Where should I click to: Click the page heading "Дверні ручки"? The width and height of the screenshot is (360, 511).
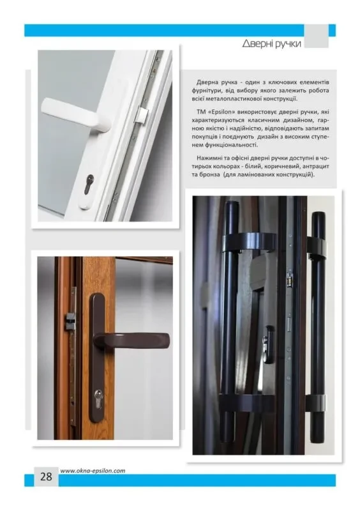pos(271,43)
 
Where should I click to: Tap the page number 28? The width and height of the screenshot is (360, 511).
pos(46,477)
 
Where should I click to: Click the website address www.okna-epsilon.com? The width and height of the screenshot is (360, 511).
pos(93,471)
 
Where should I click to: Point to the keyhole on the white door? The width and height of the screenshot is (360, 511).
pos(88,184)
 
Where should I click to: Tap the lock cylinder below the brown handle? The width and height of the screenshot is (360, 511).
pos(98,399)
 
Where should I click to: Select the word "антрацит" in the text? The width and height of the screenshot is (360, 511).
pos(316,167)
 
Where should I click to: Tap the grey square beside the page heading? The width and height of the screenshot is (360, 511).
pos(316,36)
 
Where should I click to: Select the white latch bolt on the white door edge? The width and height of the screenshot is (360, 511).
pos(142,115)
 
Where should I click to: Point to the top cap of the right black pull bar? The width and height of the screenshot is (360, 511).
pos(319,215)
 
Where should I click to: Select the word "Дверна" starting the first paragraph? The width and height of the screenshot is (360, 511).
pos(207,82)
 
